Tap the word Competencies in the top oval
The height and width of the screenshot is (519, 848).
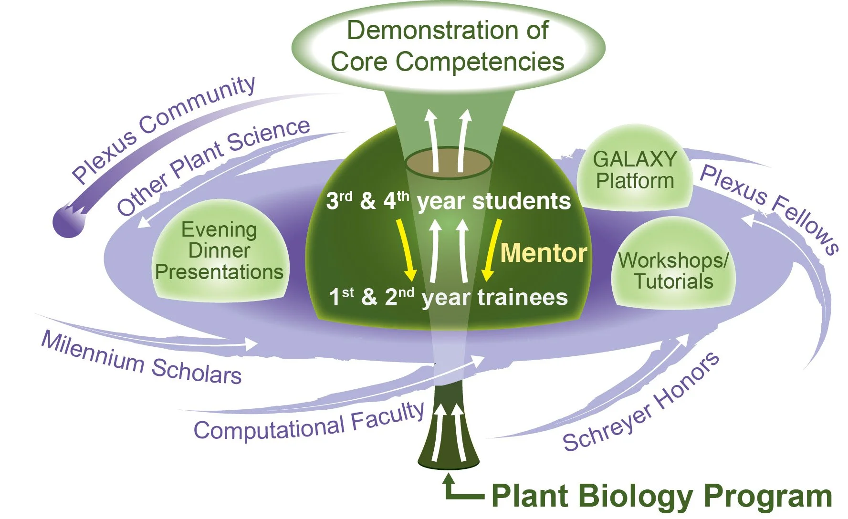pyautogui.click(x=480, y=62)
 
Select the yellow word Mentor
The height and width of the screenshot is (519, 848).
pyautogui.click(x=544, y=253)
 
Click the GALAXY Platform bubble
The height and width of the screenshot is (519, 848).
pyautogui.click(x=635, y=170)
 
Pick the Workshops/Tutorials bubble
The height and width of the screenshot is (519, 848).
pyautogui.click(x=673, y=270)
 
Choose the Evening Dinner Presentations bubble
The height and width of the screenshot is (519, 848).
pyautogui.click(x=220, y=251)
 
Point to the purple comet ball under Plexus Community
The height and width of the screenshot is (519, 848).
pyautogui.click(x=67, y=222)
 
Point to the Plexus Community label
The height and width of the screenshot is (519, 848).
pyautogui.click(x=163, y=128)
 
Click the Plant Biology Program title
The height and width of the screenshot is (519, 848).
pyautogui.click(x=661, y=496)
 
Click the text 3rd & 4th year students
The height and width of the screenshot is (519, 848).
pyautogui.click(x=448, y=201)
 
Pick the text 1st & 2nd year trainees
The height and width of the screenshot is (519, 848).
pyautogui.click(x=448, y=297)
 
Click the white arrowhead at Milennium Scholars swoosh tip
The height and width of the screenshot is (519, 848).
pyautogui.click(x=252, y=343)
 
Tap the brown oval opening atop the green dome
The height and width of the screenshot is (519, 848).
pyautogui.click(x=449, y=162)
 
